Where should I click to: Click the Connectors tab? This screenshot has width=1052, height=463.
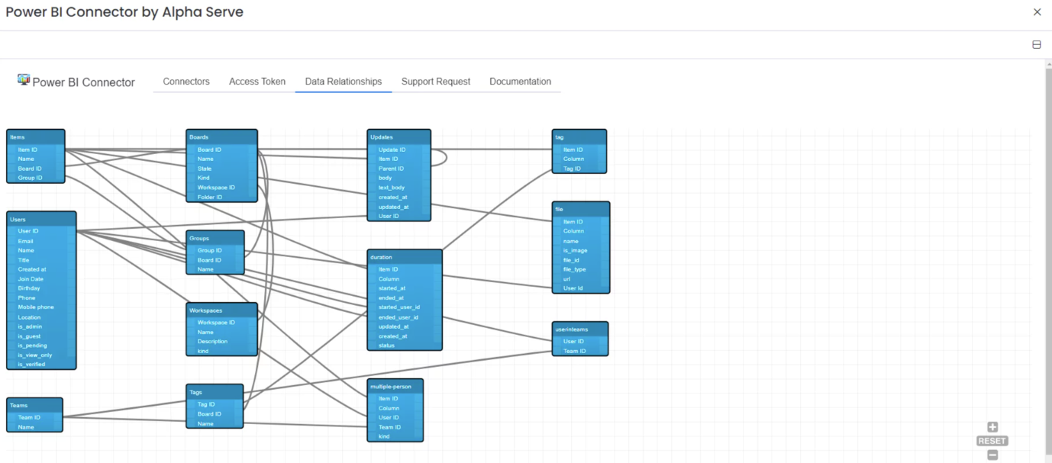tap(186, 82)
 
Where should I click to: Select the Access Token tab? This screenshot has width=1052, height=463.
tap(257, 82)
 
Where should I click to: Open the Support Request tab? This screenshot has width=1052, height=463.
tap(436, 82)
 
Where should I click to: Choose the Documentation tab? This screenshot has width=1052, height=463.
tap(520, 82)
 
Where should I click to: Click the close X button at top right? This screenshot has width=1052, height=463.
tap(1037, 12)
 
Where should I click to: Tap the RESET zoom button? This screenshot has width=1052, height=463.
tap(992, 441)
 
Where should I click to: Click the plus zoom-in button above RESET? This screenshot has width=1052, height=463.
tap(992, 427)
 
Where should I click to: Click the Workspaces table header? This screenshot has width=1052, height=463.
tap(222, 310)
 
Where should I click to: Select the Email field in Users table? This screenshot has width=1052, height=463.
tap(26, 241)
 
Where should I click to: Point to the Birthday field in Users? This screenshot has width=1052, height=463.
tap(29, 288)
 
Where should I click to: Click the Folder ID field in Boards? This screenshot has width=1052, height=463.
tap(210, 197)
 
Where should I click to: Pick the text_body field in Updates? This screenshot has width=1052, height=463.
tap(392, 188)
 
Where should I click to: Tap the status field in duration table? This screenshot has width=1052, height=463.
tap(386, 346)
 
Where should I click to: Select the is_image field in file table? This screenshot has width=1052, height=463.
tap(575, 250)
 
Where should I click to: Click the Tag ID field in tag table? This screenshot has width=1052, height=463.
tap(572, 169)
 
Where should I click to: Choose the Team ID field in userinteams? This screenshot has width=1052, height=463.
tap(574, 351)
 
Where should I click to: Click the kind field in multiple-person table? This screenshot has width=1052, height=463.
tap(384, 436)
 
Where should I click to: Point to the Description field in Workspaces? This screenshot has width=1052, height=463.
tap(212, 342)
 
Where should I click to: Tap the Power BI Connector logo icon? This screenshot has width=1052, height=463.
tap(24, 79)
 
